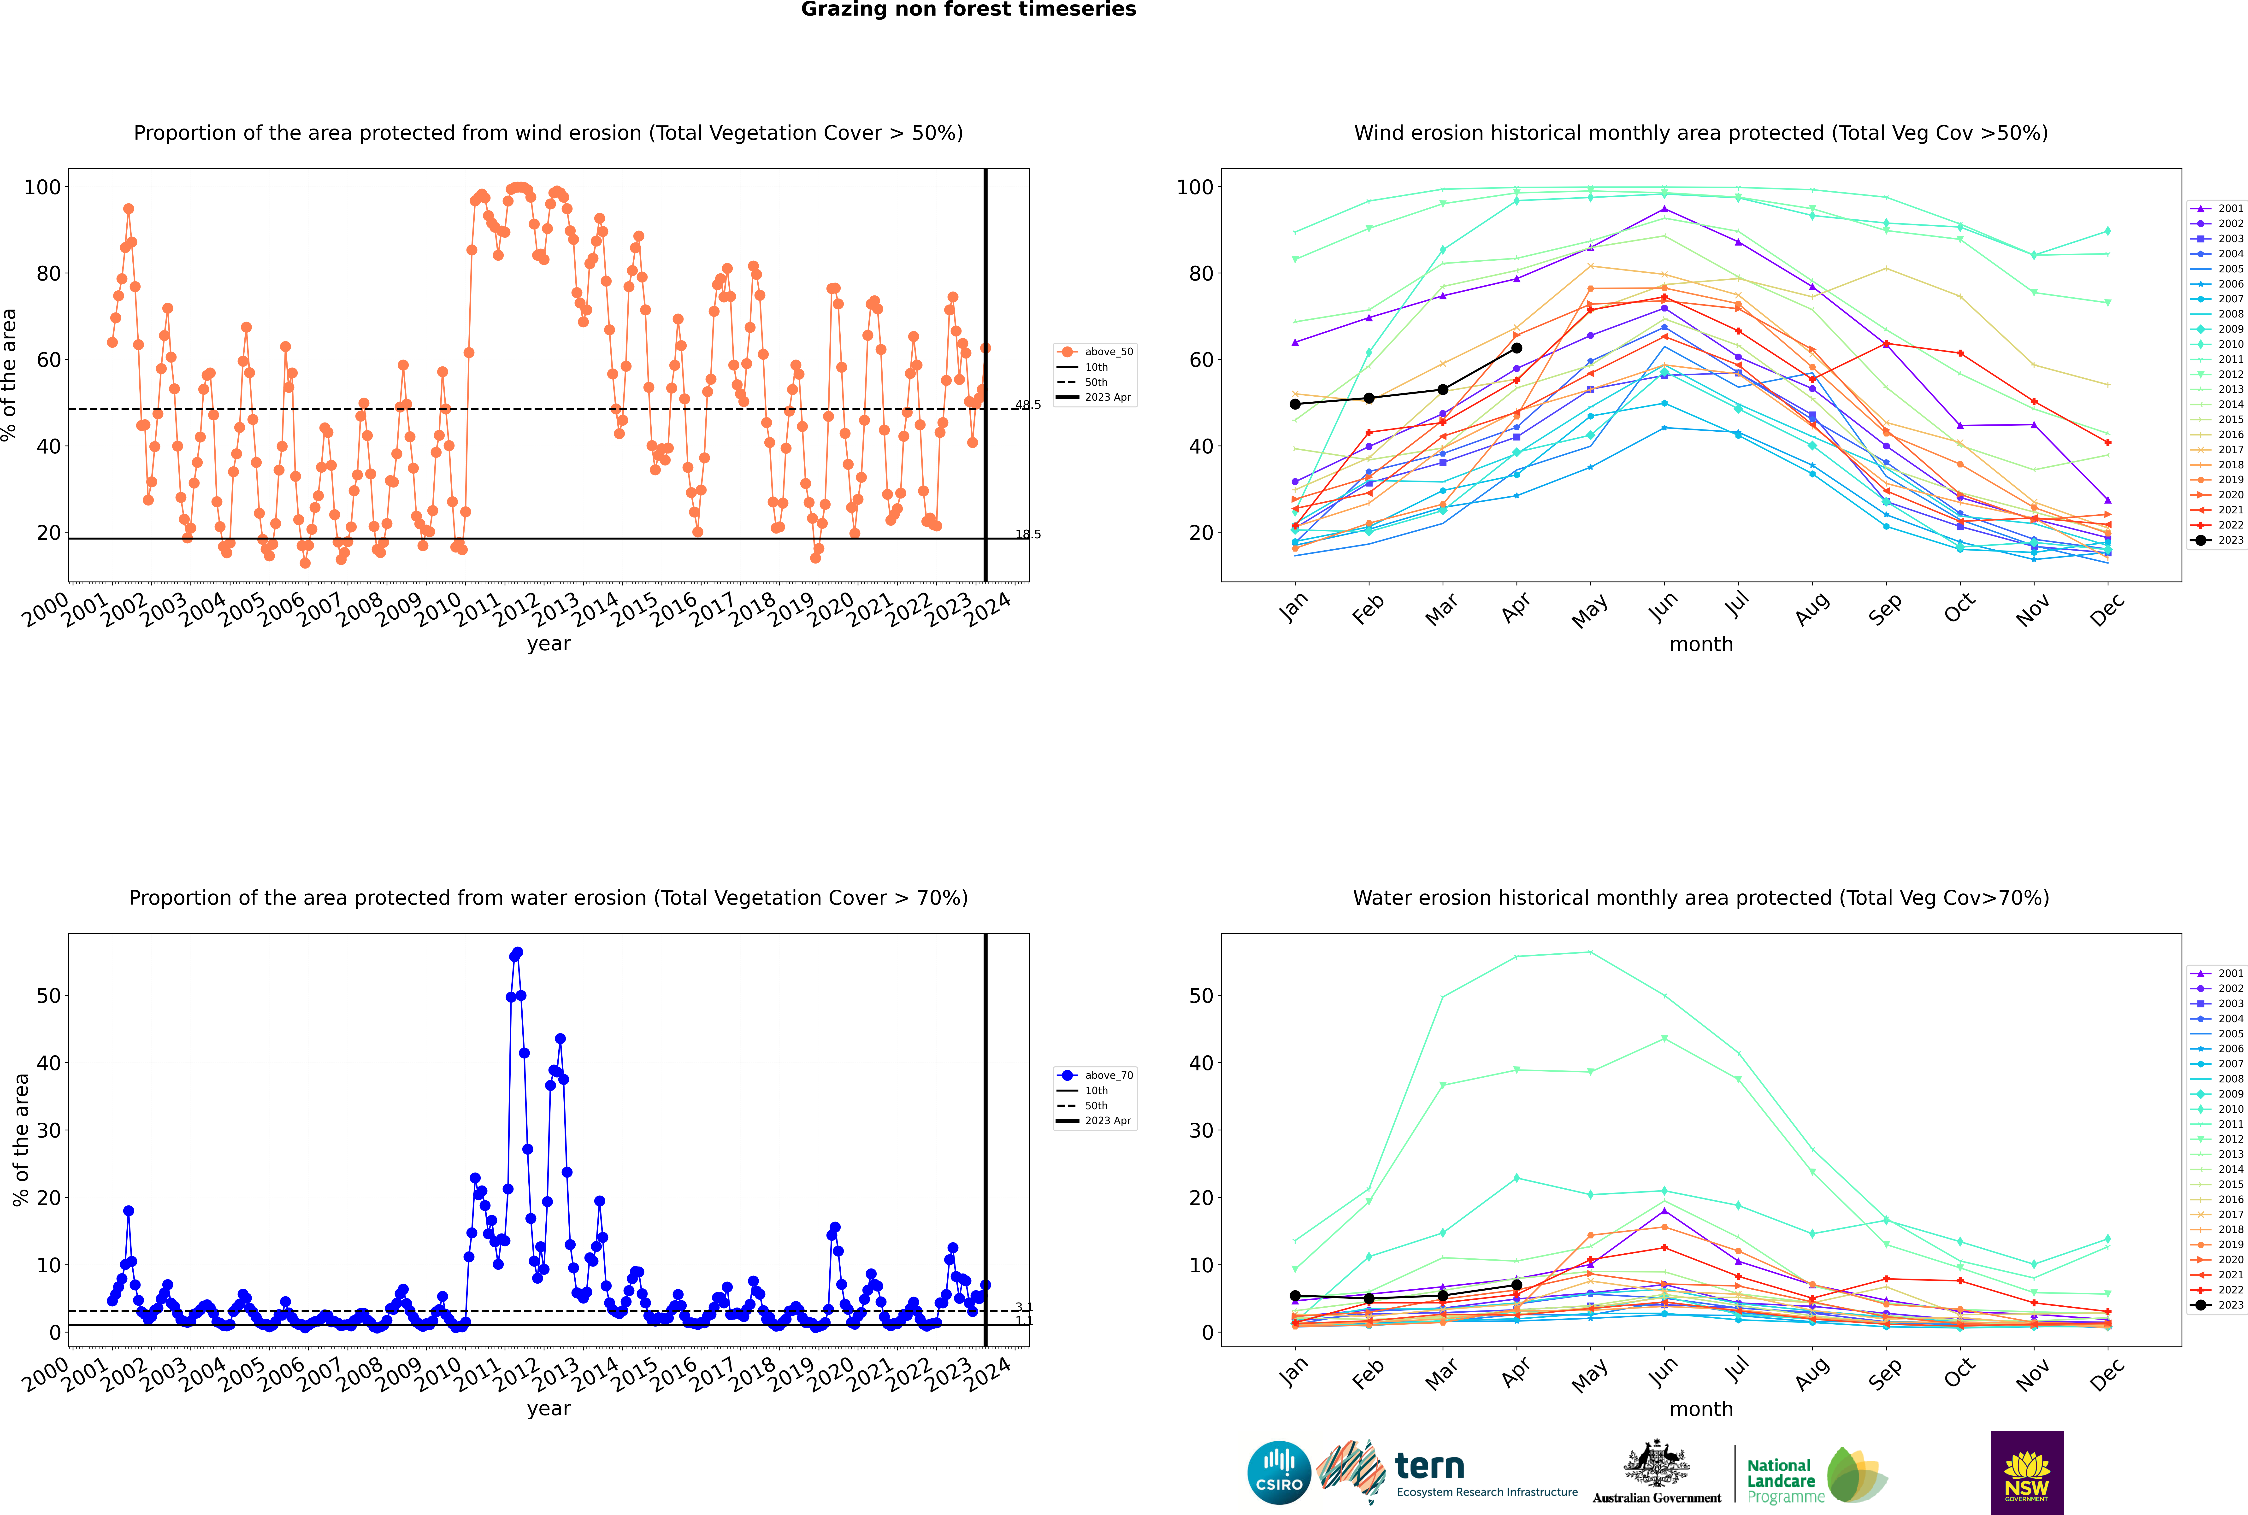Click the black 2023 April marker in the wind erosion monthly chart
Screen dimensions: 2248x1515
1516,348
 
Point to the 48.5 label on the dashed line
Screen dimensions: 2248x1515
1027,405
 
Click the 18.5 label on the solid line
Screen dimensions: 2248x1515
1027,534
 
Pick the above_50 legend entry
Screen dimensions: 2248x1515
1095,352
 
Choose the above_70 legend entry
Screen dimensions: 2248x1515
1095,1075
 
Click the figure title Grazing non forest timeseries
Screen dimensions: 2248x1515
968,10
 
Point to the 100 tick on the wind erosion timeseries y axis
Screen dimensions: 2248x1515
42,188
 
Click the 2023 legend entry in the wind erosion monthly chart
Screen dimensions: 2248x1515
2217,540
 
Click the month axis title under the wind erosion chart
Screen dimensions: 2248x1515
1701,645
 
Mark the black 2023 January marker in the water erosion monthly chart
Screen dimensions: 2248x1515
1295,1296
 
